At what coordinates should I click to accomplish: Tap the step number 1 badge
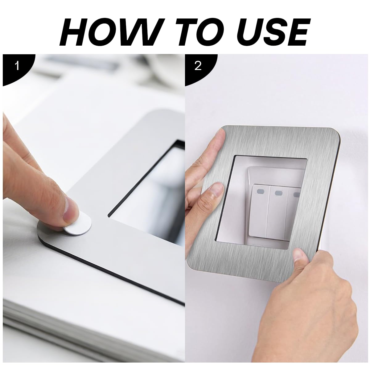pyautogui.click(x=17, y=66)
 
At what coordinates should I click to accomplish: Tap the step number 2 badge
pyautogui.click(x=198, y=66)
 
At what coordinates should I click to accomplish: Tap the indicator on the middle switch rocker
pyautogui.click(x=278, y=193)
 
